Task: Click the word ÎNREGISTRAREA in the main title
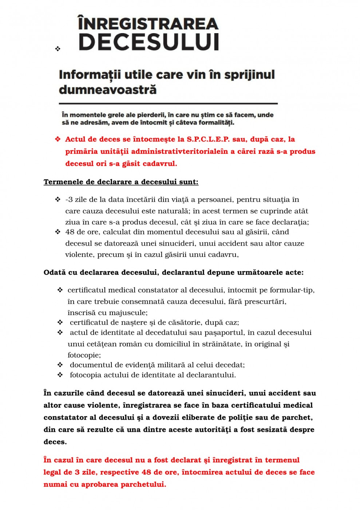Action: coord(148,24)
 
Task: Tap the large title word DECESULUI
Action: coord(149,42)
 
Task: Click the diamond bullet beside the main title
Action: coord(58,48)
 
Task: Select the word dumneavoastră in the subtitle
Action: coord(108,89)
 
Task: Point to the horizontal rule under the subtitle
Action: coord(168,104)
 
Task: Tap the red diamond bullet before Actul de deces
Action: coord(58,139)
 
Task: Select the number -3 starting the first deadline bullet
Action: coord(69,200)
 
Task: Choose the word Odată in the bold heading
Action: coord(55,272)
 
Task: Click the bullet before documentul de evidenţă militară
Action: coord(60,365)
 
